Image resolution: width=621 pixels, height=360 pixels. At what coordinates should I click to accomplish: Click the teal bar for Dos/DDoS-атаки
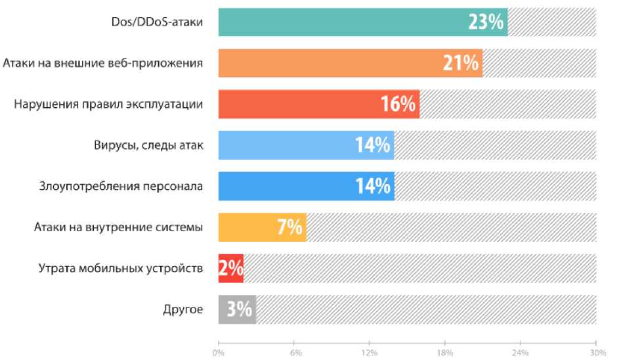[341, 22]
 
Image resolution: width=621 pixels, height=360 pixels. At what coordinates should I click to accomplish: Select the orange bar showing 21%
[328, 63]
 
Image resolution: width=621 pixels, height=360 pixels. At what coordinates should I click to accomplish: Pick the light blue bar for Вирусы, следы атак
[289, 145]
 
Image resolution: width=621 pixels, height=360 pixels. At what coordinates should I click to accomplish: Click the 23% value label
[486, 22]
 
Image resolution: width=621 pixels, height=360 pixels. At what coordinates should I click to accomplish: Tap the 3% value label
[240, 309]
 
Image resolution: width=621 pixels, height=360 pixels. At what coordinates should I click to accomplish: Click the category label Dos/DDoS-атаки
[156, 22]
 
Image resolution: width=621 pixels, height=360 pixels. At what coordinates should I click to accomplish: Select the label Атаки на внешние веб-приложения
[102, 63]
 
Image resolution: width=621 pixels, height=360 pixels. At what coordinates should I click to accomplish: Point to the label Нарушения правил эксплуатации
[108, 104]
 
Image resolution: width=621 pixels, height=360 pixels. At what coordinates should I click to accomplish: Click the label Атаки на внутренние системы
[118, 227]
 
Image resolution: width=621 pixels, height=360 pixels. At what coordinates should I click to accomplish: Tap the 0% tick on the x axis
[219, 352]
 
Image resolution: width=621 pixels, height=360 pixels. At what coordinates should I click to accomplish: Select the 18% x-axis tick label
[445, 352]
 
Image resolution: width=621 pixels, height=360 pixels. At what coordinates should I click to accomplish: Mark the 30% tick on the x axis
[595, 352]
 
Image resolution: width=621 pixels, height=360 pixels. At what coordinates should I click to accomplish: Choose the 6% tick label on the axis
[295, 352]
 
